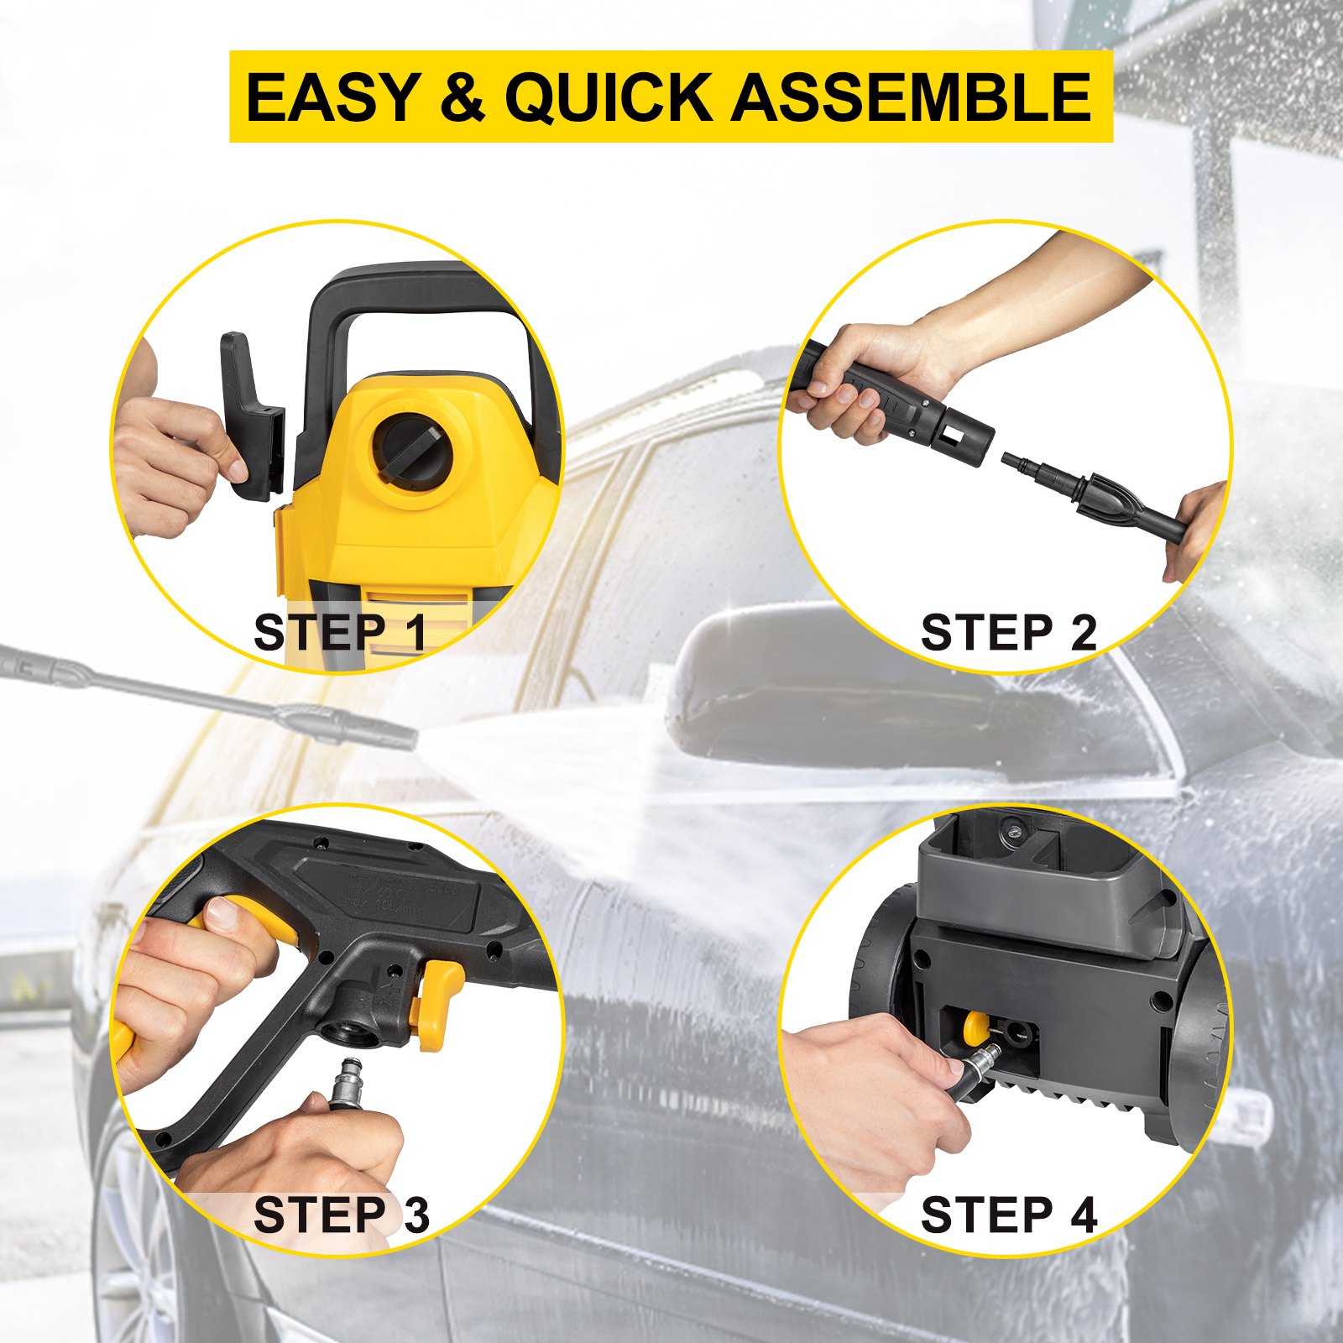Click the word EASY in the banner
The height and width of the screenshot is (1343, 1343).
(332, 97)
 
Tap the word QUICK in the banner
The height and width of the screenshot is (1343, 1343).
(609, 97)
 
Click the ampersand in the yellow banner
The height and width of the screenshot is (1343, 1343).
(462, 97)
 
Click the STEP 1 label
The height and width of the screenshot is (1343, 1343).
(340, 632)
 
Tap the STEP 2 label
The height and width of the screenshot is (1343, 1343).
(1008, 632)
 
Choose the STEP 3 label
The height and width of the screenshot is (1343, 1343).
(340, 1215)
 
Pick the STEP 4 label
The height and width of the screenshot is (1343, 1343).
(1008, 1215)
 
